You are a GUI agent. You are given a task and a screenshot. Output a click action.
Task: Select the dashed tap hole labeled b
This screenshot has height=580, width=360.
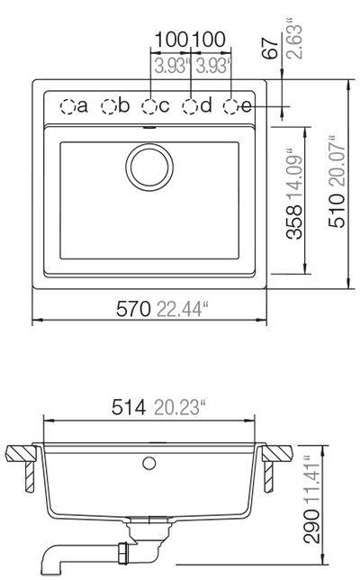coord(109,106)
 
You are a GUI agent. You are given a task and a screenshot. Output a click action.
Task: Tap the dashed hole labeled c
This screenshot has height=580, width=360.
coord(149,106)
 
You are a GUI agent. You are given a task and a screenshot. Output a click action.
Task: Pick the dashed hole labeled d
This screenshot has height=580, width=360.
coord(190,106)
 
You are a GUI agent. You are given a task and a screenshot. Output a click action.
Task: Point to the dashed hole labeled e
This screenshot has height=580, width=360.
coord(231,106)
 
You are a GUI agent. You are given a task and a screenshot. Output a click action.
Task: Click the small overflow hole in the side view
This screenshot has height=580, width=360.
coord(149,463)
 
